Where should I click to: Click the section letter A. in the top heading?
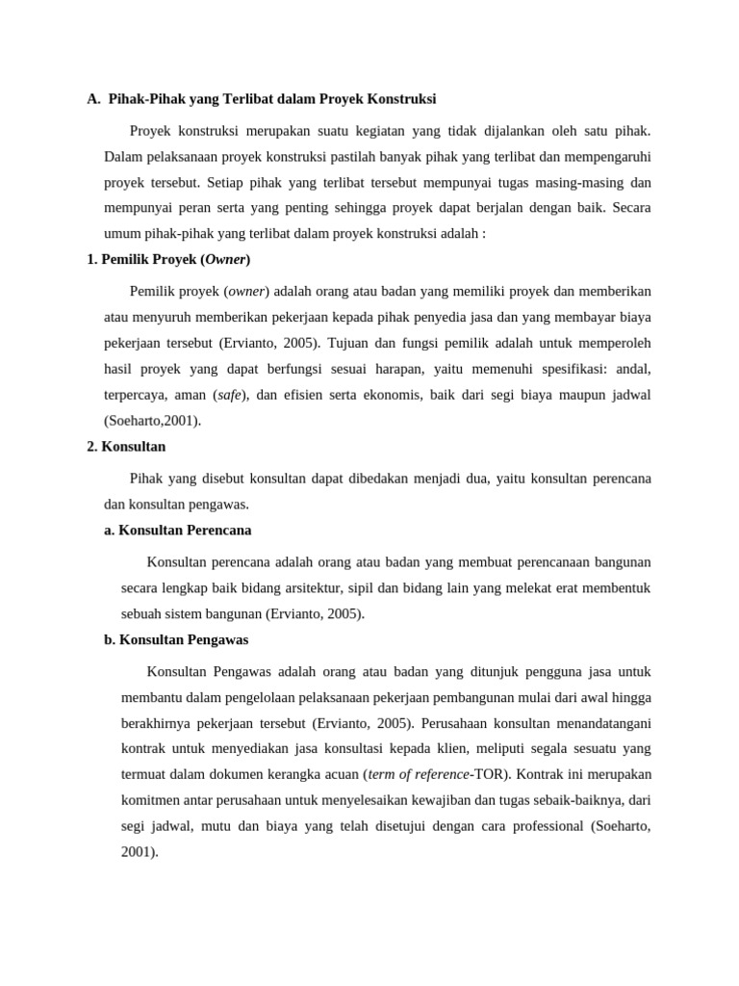click(93, 98)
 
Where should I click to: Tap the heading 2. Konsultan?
click(126, 447)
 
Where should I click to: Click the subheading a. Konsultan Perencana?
click(178, 531)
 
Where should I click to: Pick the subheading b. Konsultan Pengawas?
click(176, 639)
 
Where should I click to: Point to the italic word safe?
click(229, 395)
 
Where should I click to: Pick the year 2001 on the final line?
click(139, 852)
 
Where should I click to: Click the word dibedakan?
click(349, 479)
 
